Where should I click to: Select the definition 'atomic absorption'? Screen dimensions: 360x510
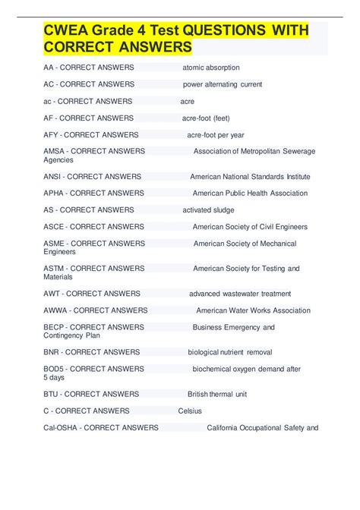[211, 68]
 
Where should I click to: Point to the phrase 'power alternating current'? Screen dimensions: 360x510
[223, 84]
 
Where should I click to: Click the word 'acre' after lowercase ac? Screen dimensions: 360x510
[188, 101]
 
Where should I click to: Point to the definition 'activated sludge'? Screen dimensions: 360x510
[209, 210]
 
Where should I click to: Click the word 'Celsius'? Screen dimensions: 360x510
[191, 411]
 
